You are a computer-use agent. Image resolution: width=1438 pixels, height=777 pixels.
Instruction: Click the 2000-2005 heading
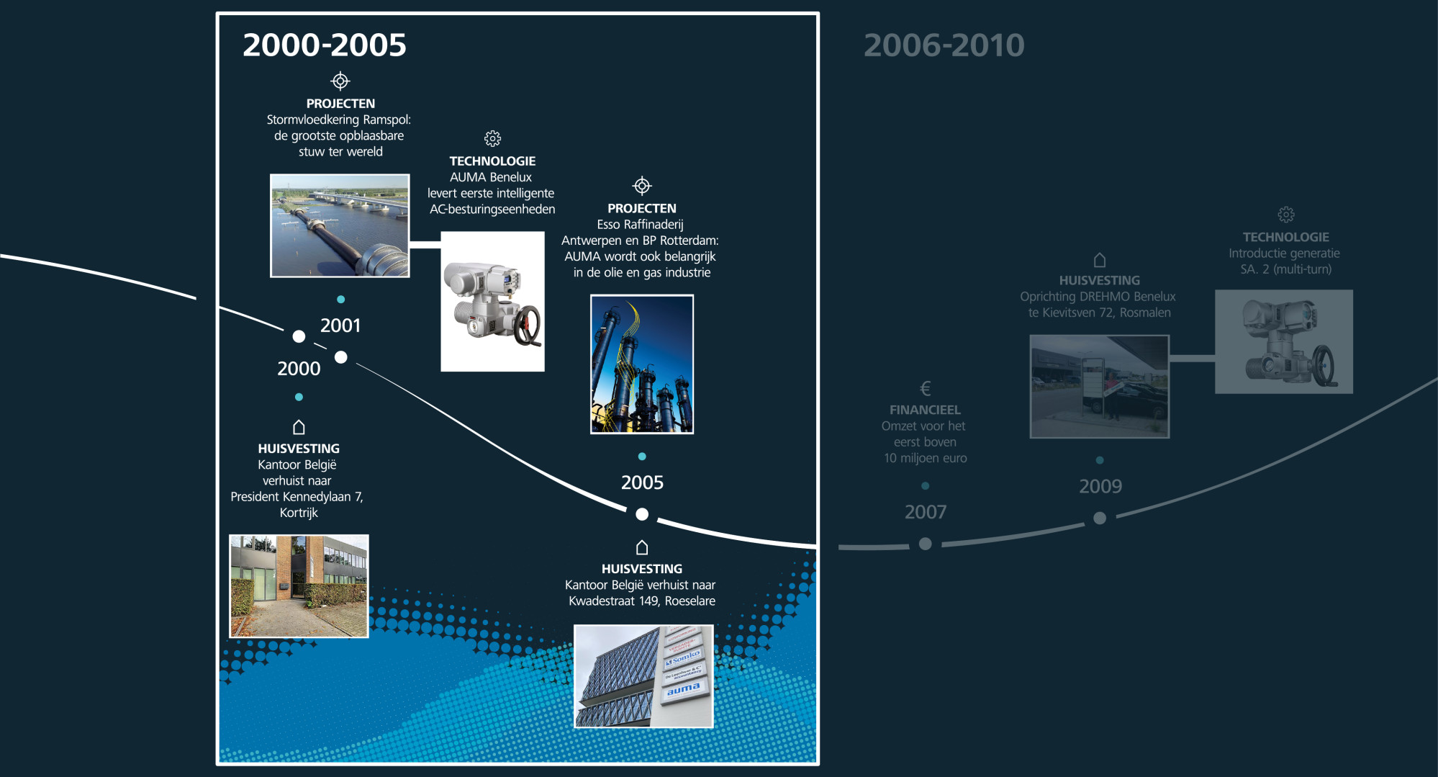(x=325, y=45)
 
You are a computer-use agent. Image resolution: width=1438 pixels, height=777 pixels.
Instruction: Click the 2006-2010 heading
(x=944, y=45)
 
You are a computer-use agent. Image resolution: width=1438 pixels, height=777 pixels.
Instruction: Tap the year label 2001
(x=340, y=325)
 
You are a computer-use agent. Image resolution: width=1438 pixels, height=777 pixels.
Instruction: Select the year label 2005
(x=642, y=482)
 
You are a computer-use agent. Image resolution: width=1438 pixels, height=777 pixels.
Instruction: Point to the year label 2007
(x=926, y=512)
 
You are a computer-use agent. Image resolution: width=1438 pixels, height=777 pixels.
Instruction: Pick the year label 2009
(x=1100, y=486)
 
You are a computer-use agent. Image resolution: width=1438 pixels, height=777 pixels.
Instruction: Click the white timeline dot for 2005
(x=642, y=514)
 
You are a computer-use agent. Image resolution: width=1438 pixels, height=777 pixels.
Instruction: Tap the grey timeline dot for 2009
(x=1100, y=518)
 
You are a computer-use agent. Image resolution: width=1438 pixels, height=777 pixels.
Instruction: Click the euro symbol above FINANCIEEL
(x=926, y=389)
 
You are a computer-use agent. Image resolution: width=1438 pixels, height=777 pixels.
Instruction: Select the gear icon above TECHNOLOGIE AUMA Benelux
(x=492, y=138)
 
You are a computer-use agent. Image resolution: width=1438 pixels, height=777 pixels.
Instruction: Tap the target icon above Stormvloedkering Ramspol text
(x=340, y=81)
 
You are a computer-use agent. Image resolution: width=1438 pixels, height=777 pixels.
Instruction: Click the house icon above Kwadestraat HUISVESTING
(x=642, y=547)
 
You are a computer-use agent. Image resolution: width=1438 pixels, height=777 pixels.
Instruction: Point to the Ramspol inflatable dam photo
(x=340, y=225)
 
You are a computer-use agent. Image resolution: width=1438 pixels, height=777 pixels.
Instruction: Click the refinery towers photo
(x=642, y=364)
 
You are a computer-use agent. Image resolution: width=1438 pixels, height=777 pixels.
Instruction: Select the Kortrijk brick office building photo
(x=299, y=586)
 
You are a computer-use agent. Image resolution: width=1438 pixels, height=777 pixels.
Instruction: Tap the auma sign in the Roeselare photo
(x=684, y=689)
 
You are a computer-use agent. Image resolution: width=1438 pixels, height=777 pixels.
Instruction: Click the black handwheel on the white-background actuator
(x=529, y=326)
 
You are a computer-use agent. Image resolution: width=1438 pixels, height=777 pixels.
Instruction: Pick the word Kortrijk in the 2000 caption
(x=299, y=513)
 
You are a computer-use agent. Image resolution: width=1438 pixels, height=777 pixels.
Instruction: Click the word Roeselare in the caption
(x=690, y=601)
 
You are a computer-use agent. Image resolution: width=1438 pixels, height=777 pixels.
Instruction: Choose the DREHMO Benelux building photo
(x=1100, y=387)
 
